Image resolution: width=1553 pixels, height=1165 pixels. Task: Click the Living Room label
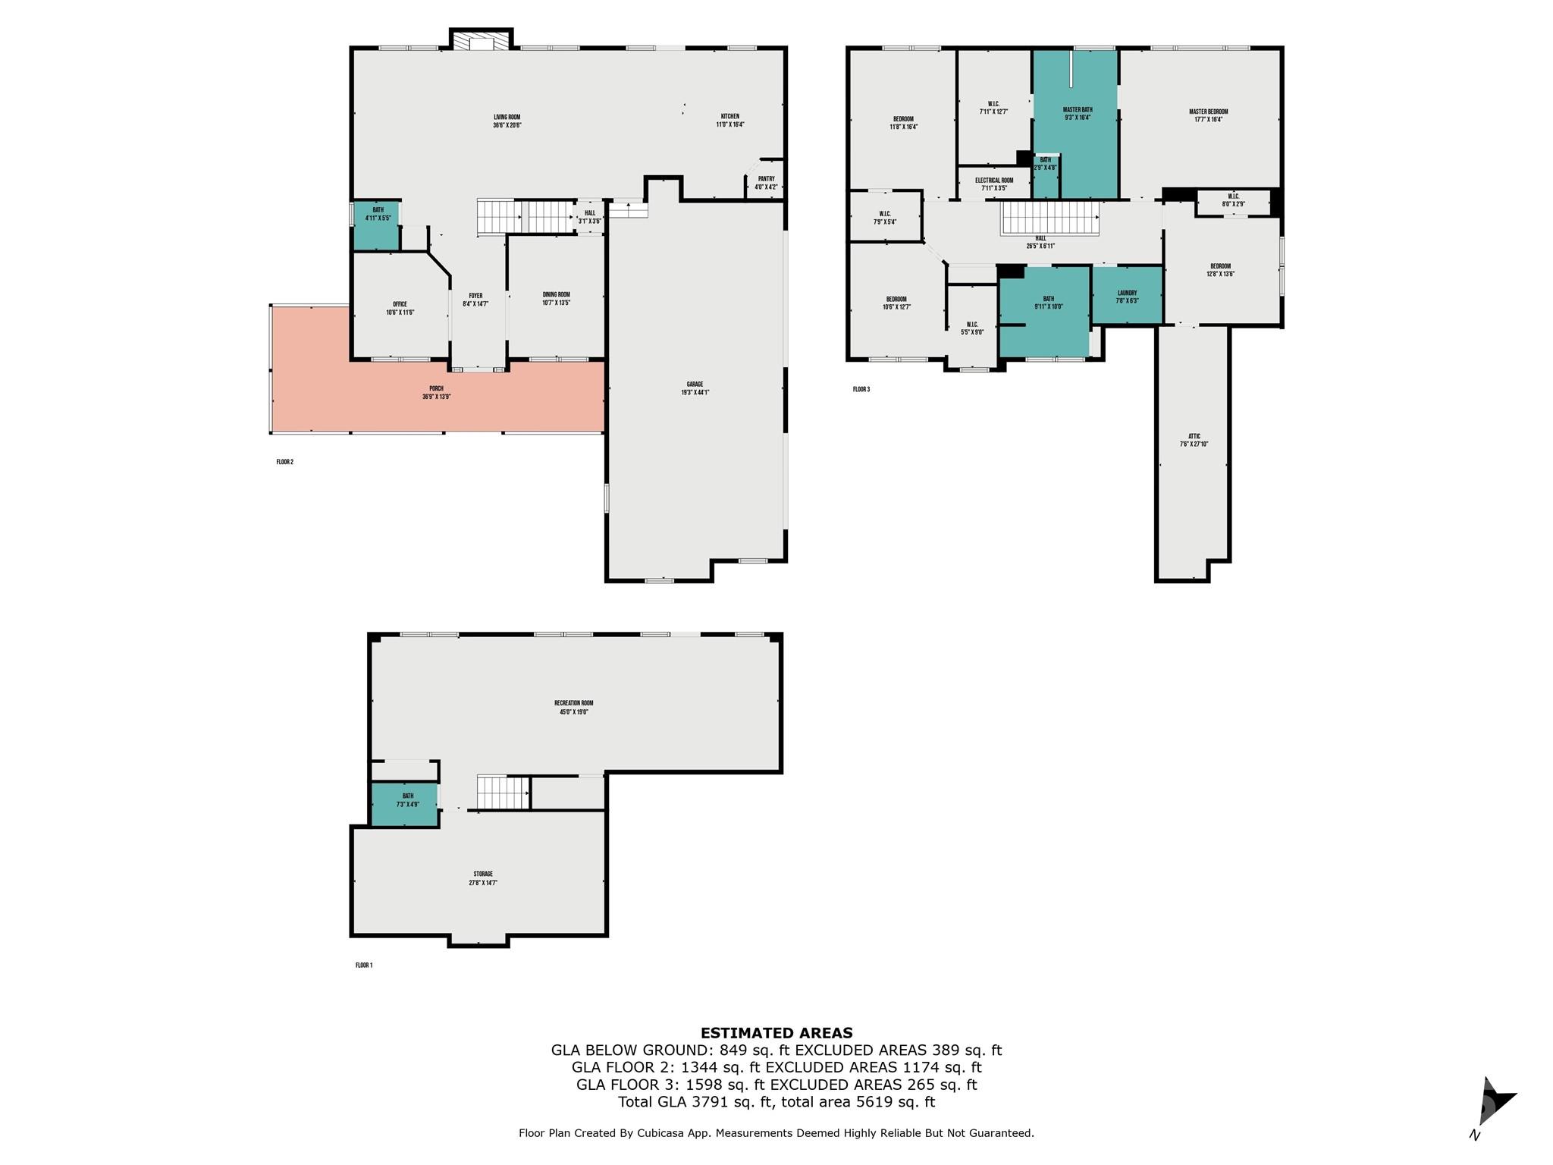pos(507,121)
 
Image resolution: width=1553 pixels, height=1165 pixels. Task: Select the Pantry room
pos(766,183)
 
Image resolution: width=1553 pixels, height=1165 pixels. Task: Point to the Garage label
pos(695,388)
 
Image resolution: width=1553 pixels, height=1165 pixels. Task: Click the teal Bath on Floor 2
pos(377,225)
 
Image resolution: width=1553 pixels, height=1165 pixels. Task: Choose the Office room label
pos(400,308)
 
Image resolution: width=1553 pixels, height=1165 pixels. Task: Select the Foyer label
pos(475,300)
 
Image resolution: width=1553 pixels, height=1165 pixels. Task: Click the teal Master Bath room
pos(1077,114)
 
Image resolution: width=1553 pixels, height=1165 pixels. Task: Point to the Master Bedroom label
pos(1208,115)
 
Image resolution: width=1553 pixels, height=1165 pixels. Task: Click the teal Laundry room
pos(1127,297)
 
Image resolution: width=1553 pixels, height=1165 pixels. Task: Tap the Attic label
pos(1194,440)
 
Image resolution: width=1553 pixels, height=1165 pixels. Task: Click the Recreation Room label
pos(573,708)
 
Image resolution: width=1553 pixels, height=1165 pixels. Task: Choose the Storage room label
pos(483,878)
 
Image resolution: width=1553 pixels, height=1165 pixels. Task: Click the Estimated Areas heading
pos(776,1033)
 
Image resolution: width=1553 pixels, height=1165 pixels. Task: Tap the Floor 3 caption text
pos(861,390)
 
